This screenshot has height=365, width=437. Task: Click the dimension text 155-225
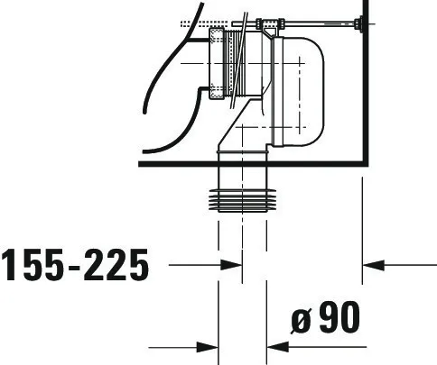pyautogui.click(x=75, y=265)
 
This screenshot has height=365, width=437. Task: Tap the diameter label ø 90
pyautogui.click(x=325, y=317)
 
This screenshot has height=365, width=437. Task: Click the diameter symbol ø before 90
pyautogui.click(x=301, y=321)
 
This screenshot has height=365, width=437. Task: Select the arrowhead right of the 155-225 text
pyautogui.click(x=231, y=265)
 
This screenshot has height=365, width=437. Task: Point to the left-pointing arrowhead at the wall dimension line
pyautogui.click(x=374, y=265)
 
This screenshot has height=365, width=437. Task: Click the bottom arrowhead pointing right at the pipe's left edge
pyautogui.click(x=208, y=347)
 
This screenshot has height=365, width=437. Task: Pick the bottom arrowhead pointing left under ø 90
pyautogui.click(x=278, y=347)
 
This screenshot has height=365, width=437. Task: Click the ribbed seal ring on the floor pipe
pyautogui.click(x=242, y=200)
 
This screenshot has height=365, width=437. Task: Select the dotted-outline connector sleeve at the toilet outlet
pyautogui.click(x=216, y=63)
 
